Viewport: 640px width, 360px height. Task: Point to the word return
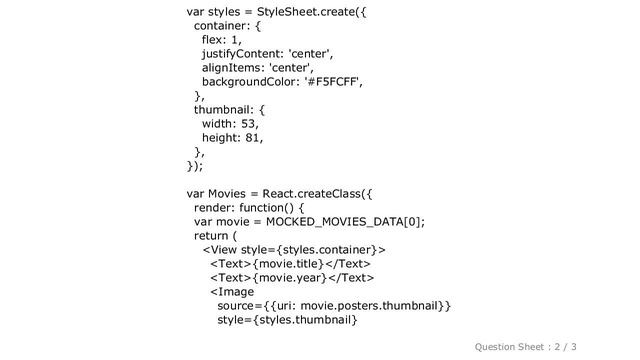215,236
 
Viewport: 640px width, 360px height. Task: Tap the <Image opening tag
230,291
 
